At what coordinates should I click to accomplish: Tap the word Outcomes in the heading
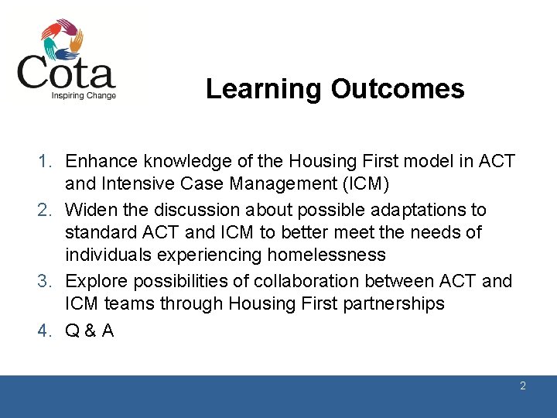coord(398,89)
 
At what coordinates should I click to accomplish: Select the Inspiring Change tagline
coord(84,96)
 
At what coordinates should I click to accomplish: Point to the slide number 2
coord(523,385)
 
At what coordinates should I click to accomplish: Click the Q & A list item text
coord(90,330)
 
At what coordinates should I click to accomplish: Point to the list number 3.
coord(46,281)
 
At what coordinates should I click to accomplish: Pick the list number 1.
coord(46,161)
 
